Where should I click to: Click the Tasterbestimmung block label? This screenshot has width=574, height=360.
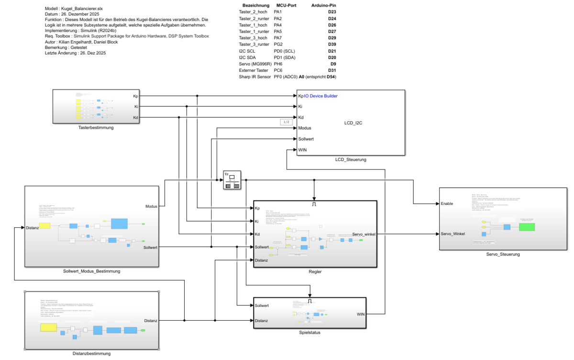pos(96,128)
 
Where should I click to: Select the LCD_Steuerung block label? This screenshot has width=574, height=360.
pos(351,159)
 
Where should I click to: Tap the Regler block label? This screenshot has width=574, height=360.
pos(315,271)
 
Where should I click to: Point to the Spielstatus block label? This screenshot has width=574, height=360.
pos(309,332)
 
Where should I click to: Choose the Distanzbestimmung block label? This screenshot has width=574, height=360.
pos(91,353)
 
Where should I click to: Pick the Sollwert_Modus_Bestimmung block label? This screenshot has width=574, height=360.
pos(91,271)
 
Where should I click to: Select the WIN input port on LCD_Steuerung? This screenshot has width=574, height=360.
pos(302,150)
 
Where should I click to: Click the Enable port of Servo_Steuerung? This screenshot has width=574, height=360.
pos(448,203)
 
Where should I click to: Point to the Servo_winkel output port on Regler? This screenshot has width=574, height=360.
pos(364,234)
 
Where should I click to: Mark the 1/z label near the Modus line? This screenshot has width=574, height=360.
pos(286,122)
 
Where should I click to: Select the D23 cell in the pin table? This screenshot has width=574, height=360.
pos(332,11)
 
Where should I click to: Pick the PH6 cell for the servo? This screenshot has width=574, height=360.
pos(278,64)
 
